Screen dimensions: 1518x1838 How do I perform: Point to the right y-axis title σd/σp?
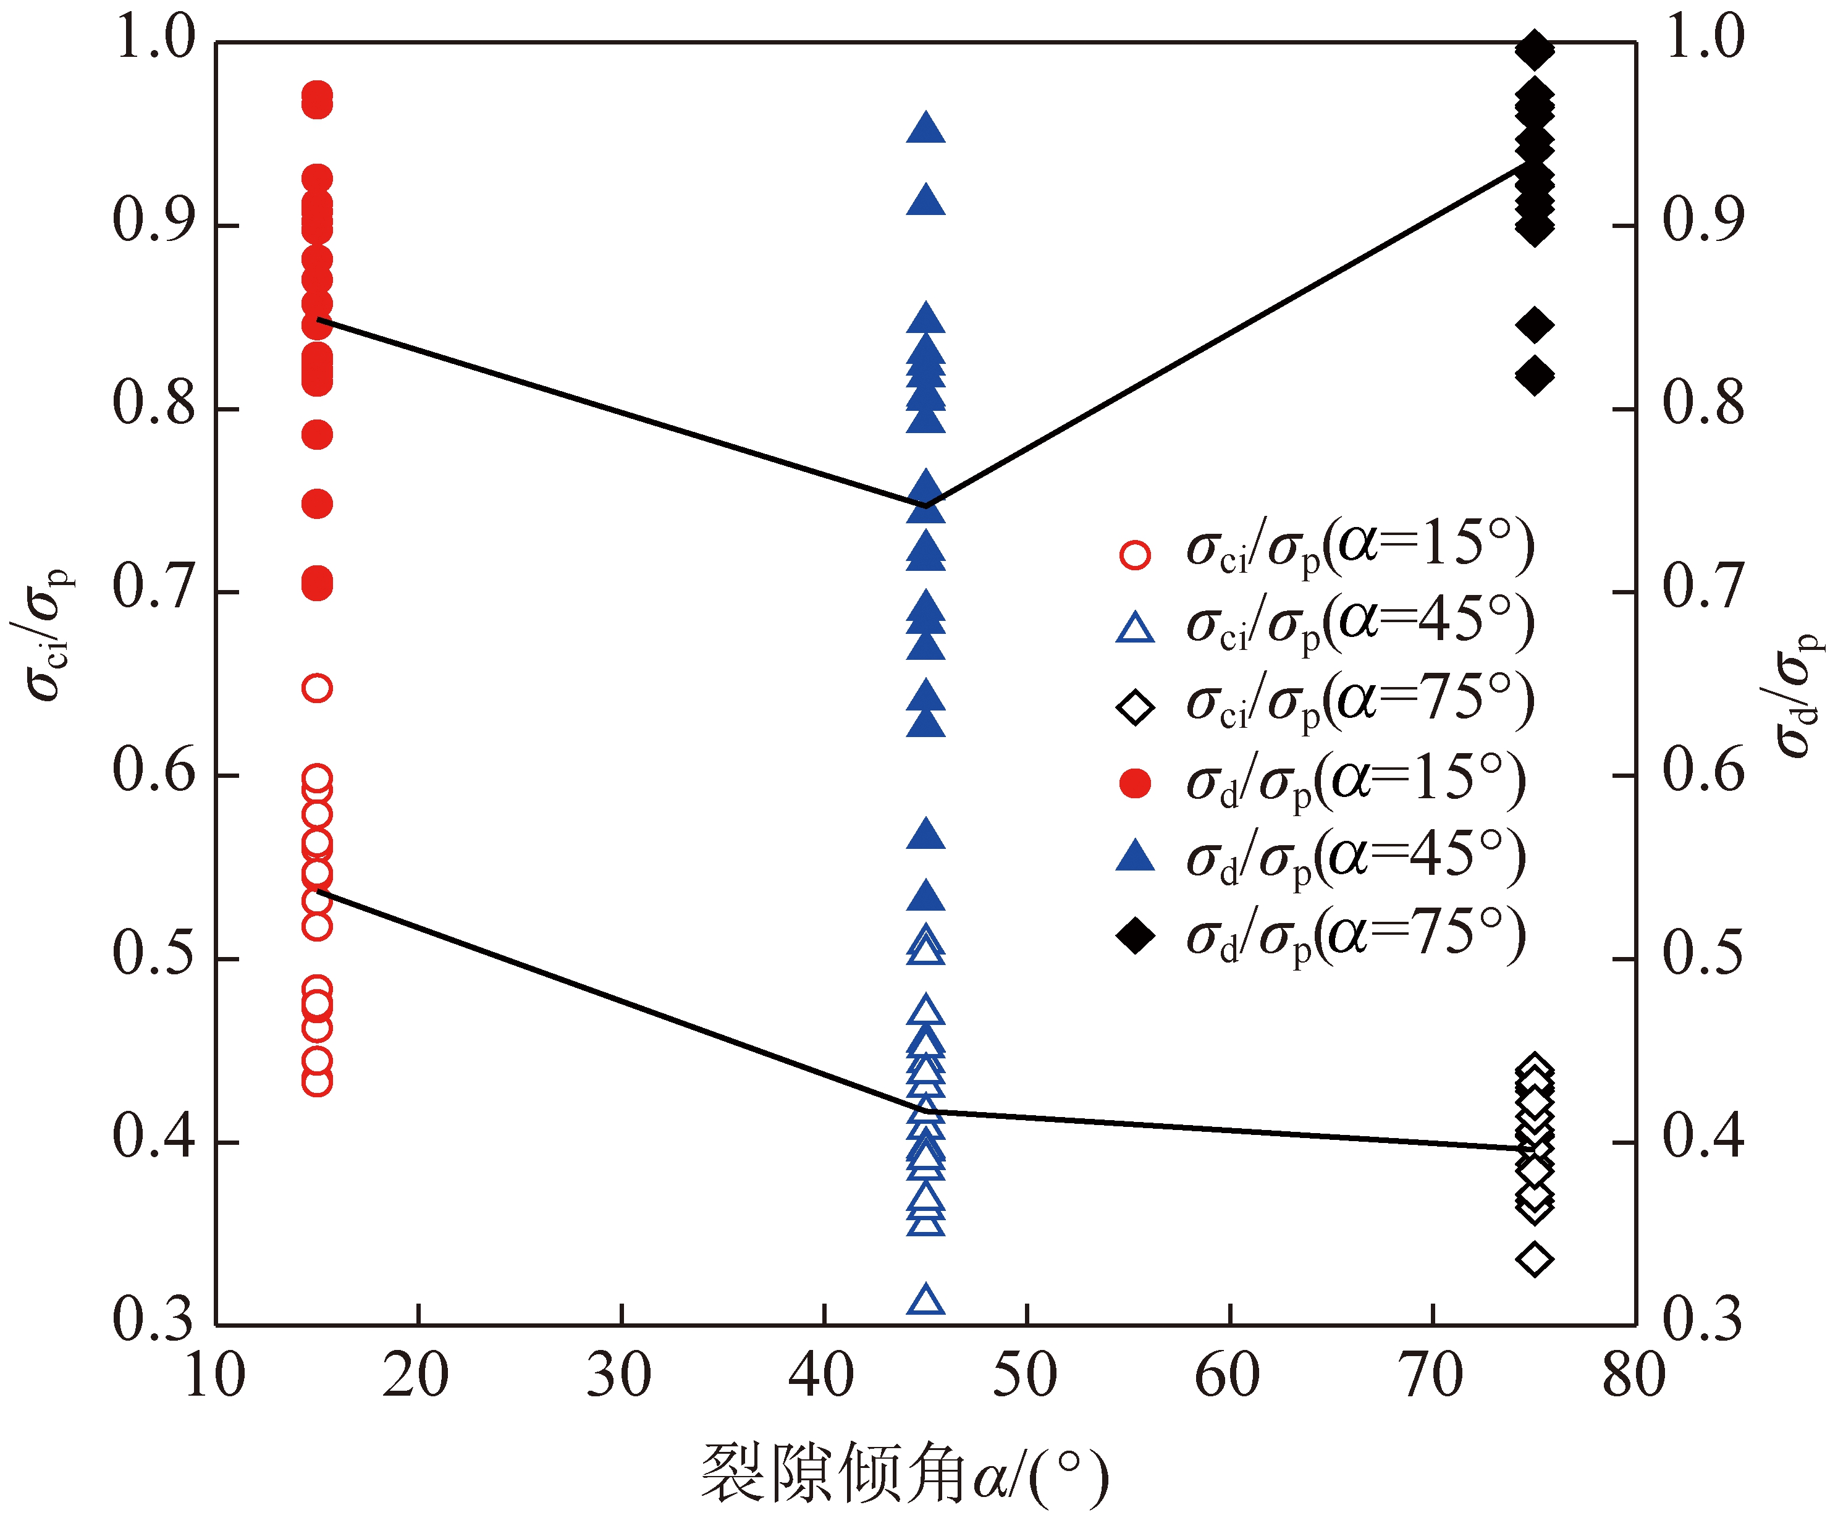pyautogui.click(x=1796, y=695)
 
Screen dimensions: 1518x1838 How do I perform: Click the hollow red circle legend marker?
pyautogui.click(x=1135, y=554)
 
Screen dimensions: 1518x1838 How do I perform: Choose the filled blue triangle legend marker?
pyautogui.click(x=1135, y=856)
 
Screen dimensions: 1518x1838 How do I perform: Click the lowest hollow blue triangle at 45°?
pyautogui.click(x=926, y=1301)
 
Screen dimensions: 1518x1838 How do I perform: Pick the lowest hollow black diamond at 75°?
pyautogui.click(x=1535, y=1259)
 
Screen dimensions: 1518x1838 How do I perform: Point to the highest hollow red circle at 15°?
pyautogui.click(x=316, y=688)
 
